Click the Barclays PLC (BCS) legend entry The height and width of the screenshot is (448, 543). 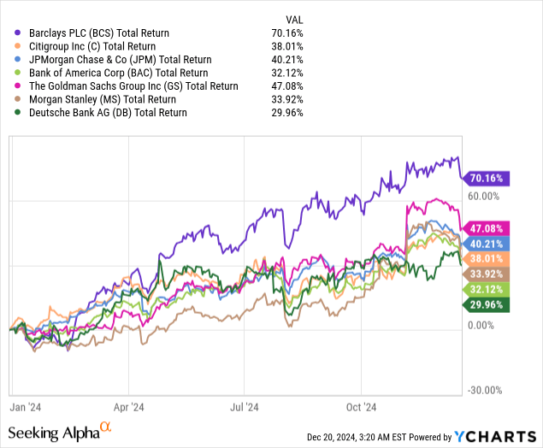click(x=96, y=32)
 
